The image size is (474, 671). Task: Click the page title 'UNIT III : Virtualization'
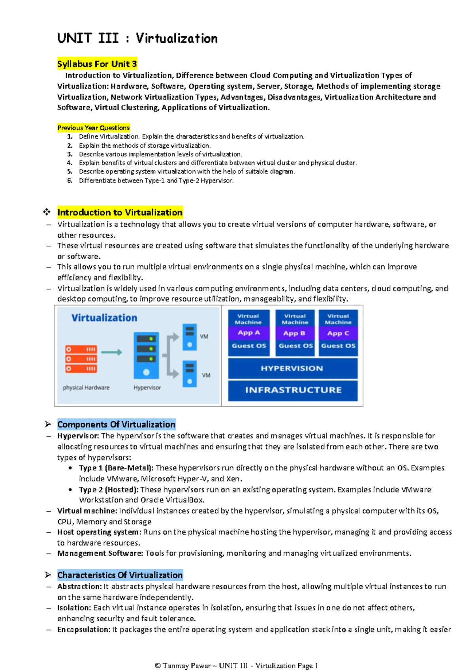pos(137,38)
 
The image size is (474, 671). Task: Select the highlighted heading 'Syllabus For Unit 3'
pos(97,64)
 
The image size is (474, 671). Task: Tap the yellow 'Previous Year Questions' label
pos(93,128)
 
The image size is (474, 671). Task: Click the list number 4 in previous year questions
pos(70,163)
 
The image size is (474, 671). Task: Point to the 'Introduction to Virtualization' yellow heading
pos(120,212)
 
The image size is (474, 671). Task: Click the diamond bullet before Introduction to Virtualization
pos(47,212)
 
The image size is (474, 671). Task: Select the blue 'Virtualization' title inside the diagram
pos(104,318)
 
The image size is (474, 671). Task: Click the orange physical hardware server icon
pos(81,359)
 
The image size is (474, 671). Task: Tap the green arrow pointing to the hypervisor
pos(111,352)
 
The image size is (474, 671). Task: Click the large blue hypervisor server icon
pos(146,355)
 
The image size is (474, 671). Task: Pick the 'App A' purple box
pos(249,333)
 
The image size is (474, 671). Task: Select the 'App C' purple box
pos(338,333)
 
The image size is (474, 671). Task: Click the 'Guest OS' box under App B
pos(295,346)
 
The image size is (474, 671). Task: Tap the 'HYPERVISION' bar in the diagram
pos(292,368)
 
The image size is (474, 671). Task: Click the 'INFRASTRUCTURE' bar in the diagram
pos(293,390)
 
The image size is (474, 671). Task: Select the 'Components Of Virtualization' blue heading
pos(116,425)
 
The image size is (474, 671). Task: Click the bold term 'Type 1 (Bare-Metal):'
pos(116,468)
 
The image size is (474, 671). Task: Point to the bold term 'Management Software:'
pos(100,553)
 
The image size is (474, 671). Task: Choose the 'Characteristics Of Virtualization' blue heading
pos(120,575)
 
